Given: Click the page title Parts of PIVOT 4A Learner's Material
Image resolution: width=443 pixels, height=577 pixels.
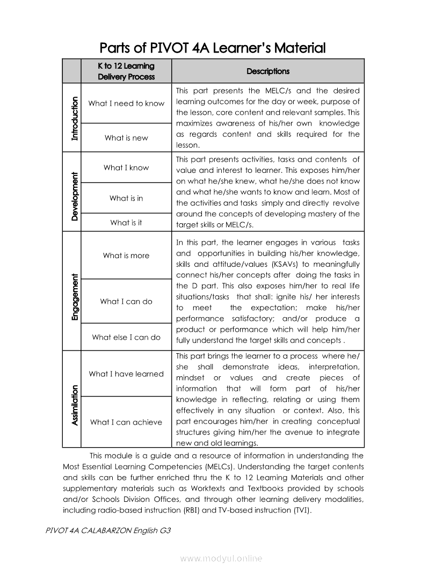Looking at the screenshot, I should point(213,48).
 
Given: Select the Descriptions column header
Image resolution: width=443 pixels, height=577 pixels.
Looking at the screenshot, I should point(267,71).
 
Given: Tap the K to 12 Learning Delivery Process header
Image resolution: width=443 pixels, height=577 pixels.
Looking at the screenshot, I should point(126,71).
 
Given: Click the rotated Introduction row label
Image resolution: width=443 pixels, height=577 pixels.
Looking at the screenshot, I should point(74,118).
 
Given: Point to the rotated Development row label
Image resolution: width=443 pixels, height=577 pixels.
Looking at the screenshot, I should point(74,195).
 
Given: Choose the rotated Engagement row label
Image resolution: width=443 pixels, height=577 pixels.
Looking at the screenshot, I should point(74,297).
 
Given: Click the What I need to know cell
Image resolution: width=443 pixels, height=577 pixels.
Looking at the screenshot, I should point(126,104).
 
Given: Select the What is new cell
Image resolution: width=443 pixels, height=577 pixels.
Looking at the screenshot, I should point(126,138).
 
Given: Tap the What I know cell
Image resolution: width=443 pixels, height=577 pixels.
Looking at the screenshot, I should point(126,167).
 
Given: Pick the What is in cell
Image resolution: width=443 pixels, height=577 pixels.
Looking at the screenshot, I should point(126,198).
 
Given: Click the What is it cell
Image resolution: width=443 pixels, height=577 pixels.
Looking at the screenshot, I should point(126,223).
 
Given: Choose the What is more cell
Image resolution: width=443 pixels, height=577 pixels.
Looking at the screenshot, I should point(126,255).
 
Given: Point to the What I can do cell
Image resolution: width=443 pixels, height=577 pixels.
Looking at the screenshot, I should point(126,302).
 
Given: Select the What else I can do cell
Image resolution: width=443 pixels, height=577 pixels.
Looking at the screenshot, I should point(126,338).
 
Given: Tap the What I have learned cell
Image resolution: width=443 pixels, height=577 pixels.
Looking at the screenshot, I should point(126,374).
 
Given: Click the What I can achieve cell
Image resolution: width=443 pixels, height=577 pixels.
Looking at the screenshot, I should point(126,422).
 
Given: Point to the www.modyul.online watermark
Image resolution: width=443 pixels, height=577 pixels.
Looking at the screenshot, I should point(221,559).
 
